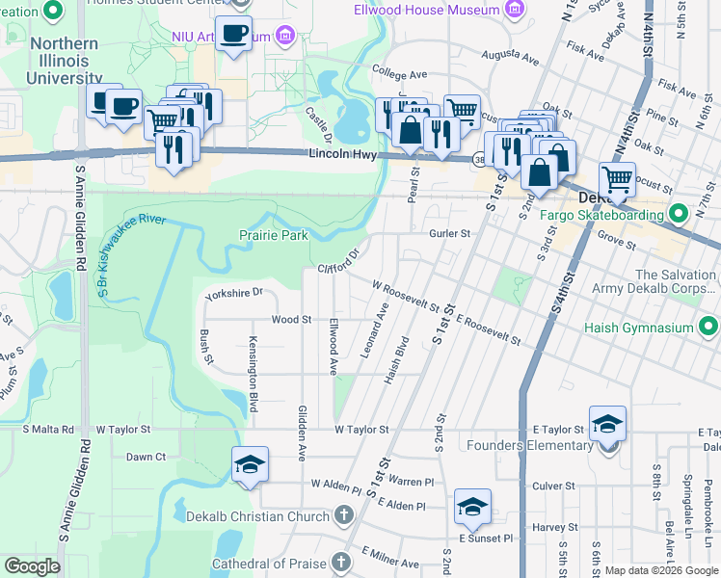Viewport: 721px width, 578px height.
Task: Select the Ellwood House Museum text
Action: [x=440, y=11]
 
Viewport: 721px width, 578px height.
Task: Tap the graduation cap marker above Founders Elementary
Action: [x=607, y=424]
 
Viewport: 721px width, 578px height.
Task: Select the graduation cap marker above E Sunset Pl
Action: [x=472, y=506]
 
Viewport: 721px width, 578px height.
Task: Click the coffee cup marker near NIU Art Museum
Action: [x=233, y=35]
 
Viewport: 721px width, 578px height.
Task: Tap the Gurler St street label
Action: [x=449, y=233]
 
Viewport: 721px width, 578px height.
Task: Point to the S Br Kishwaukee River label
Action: [x=131, y=250]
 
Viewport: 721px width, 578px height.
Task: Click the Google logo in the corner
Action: [x=32, y=566]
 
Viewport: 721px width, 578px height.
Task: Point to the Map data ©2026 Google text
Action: [x=660, y=570]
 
